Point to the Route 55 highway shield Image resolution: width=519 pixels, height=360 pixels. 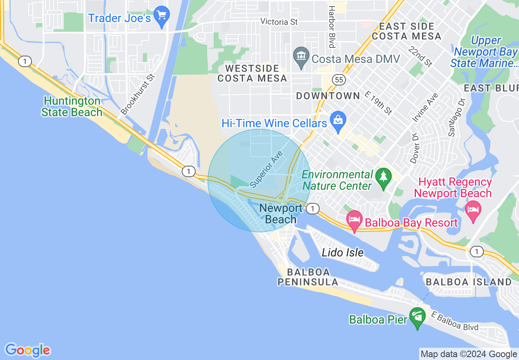338,80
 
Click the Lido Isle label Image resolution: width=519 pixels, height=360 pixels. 343,252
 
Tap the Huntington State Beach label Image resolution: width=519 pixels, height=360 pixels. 72,106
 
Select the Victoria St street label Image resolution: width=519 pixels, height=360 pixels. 279,22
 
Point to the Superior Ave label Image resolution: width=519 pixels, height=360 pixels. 266,169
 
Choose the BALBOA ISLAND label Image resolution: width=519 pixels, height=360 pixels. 469,282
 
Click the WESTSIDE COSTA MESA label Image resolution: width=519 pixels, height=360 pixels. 252,73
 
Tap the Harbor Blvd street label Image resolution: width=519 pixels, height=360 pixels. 332,27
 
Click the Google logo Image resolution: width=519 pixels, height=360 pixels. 27,350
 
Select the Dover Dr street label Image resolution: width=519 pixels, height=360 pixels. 415,148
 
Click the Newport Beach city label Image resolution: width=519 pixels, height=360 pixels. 281,214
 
